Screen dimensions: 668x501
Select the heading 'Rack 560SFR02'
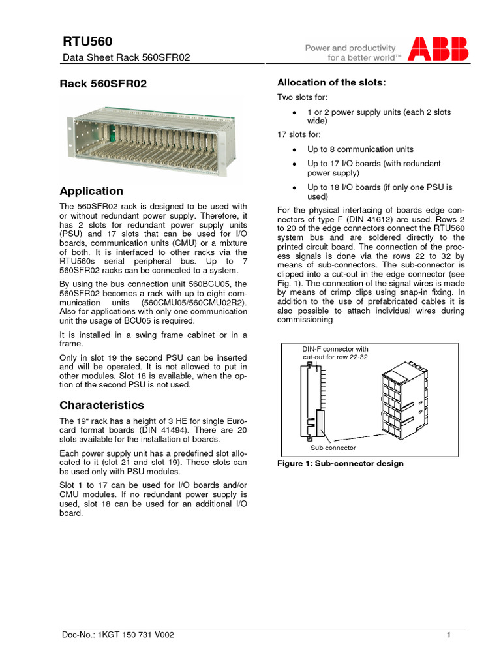(x=103, y=84)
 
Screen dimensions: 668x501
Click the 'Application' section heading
(x=91, y=191)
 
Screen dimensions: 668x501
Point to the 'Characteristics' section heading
(x=102, y=405)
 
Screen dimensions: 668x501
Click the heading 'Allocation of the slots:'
(x=331, y=82)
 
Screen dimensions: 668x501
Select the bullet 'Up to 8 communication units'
(x=360, y=149)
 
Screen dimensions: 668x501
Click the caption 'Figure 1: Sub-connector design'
(x=341, y=464)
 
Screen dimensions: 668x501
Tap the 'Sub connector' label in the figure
(x=333, y=448)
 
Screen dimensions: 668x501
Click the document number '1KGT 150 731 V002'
(x=137, y=634)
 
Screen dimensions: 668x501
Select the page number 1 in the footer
(x=449, y=635)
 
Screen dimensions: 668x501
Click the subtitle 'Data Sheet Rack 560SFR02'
(x=125, y=57)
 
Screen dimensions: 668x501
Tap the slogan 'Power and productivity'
(x=350, y=48)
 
